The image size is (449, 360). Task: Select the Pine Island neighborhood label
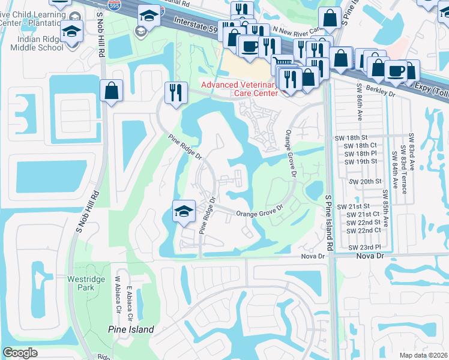coord(131,329)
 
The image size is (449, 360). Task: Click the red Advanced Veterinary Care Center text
coord(240,89)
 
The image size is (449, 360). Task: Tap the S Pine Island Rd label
coord(328,222)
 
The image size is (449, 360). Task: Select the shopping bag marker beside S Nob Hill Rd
coord(111,91)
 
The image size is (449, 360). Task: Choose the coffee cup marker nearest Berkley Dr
coord(396,70)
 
